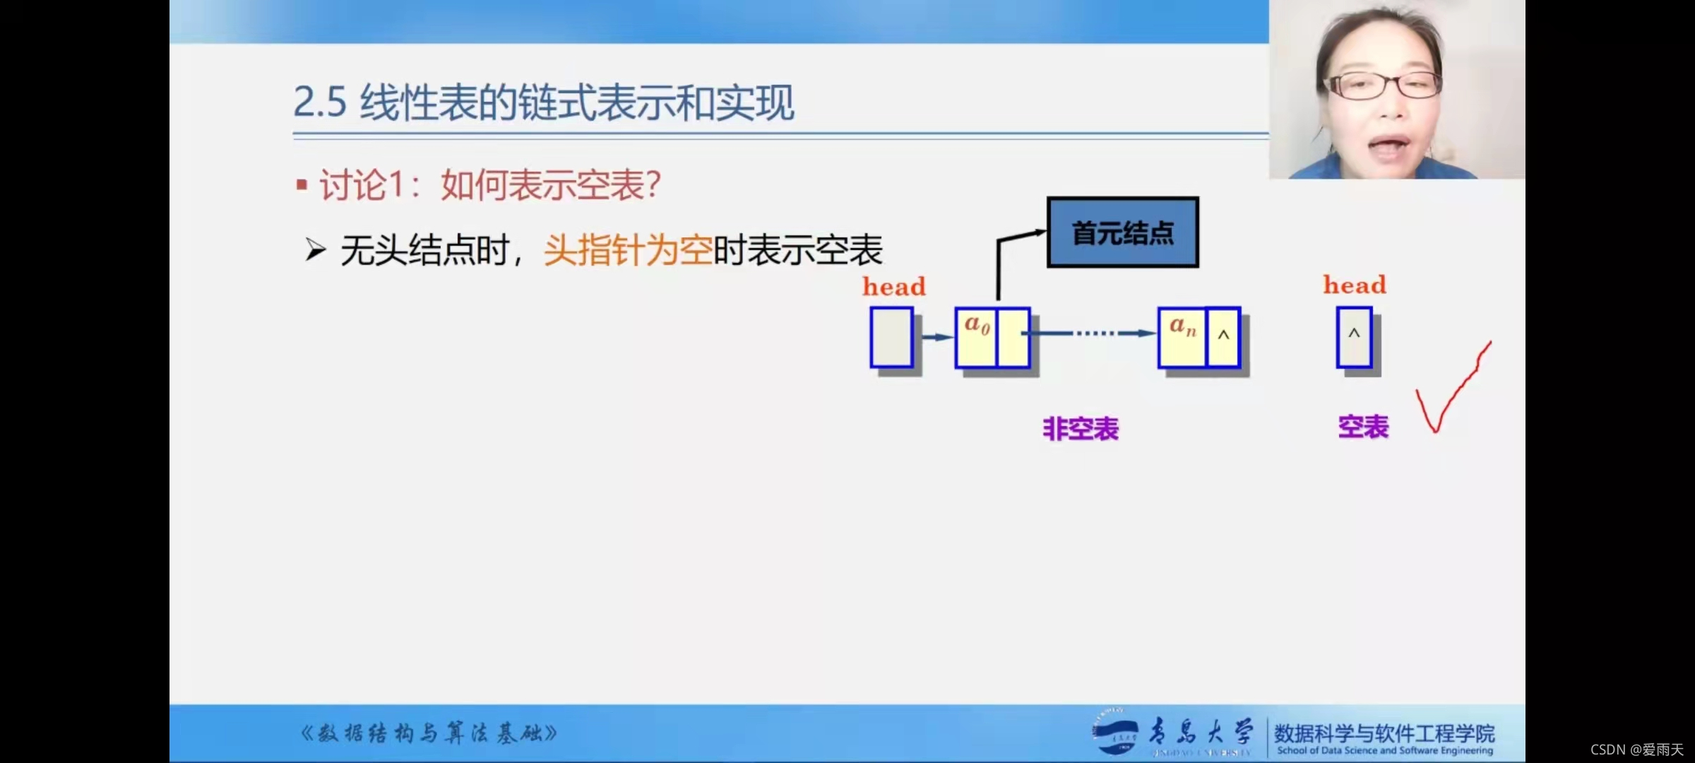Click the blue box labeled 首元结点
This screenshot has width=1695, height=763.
click(1122, 232)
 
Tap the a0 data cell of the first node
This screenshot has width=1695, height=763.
click(976, 337)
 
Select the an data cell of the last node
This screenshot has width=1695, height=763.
click(1182, 337)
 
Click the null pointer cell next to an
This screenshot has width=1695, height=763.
click(1223, 337)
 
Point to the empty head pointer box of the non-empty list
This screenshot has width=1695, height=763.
click(891, 337)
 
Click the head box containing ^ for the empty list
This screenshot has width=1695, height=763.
click(1354, 337)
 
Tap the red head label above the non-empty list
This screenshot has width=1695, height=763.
click(893, 286)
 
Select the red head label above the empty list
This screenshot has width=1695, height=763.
click(1355, 285)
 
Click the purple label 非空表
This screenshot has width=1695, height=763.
click(1081, 429)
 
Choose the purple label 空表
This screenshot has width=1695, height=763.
click(1363, 427)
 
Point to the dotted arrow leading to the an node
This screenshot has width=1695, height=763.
click(1095, 333)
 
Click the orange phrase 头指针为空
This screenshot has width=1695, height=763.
click(627, 250)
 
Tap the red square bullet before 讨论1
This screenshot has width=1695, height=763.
click(302, 185)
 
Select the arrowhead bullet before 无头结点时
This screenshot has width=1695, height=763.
click(315, 249)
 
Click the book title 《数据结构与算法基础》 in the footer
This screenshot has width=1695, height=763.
click(429, 733)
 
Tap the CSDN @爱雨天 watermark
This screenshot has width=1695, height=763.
click(1636, 750)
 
